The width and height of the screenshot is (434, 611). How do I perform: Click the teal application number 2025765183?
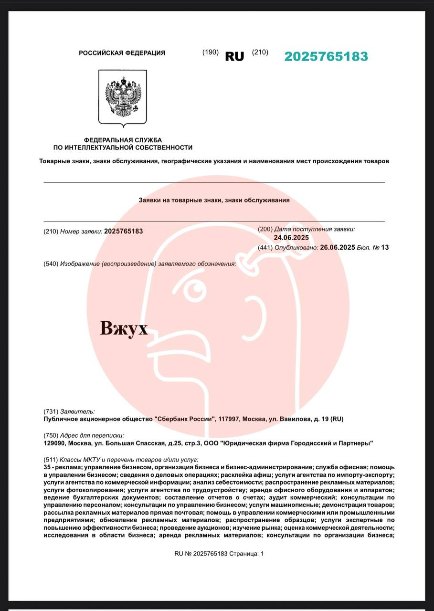coord(326,56)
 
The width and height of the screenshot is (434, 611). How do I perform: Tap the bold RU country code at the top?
coord(234,56)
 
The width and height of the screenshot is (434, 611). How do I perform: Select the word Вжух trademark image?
coord(124,329)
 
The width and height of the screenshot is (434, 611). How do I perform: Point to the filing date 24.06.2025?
coord(291,238)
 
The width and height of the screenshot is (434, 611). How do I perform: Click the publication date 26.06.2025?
coord(338,247)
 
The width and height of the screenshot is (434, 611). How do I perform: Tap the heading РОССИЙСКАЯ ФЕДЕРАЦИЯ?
coord(122,53)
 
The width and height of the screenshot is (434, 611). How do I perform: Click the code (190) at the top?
coord(211,52)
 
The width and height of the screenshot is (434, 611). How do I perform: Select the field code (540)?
coord(51,264)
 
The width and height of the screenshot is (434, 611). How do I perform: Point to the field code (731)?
coord(51,411)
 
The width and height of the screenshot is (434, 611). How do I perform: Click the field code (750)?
coord(51,435)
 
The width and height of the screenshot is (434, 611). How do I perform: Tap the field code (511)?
coord(51,460)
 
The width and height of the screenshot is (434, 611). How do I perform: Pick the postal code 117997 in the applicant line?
coord(229,419)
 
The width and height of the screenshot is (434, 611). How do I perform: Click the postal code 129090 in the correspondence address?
coord(54,443)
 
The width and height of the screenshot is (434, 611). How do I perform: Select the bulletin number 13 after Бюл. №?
coord(385,247)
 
